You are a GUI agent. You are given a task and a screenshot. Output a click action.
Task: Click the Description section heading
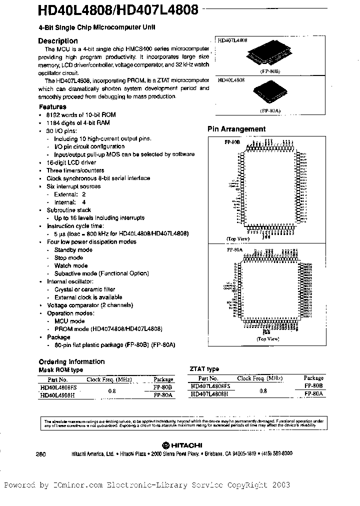coord(58,41)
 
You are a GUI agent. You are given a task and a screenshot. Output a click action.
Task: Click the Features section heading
coord(52,107)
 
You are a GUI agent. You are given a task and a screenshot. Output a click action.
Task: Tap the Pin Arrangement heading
coord(236,129)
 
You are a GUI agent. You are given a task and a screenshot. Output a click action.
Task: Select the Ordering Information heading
coord(71,361)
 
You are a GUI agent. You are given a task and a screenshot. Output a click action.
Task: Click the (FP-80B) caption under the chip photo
coord(270,72)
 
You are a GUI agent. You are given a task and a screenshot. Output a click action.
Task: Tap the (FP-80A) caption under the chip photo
coord(270,111)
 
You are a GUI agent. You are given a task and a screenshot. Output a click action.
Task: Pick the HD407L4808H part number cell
coord(209,394)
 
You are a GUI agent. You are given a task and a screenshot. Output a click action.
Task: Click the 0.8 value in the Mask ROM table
coord(111,390)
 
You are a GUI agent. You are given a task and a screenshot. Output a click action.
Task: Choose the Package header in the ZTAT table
coord(313,378)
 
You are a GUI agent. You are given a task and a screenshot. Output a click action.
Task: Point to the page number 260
coord(41,453)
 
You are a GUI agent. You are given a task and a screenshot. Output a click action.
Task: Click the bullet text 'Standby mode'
coord(73,250)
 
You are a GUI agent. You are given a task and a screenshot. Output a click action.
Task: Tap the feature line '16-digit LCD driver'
coord(69,162)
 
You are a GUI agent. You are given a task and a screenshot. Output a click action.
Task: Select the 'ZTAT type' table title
coord(204,369)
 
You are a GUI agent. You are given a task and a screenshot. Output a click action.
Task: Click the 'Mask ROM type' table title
coord(61,370)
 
